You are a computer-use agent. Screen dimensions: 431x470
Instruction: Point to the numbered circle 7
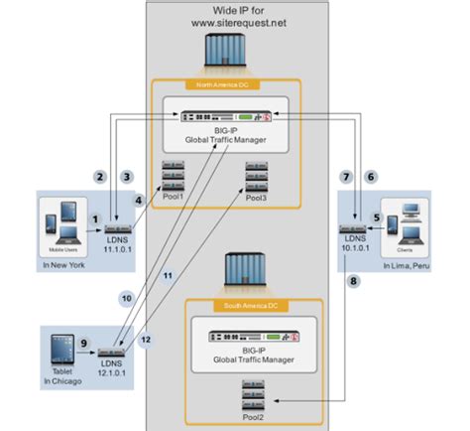coord(346,176)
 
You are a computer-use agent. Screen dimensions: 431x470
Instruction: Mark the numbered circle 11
coord(168,273)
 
